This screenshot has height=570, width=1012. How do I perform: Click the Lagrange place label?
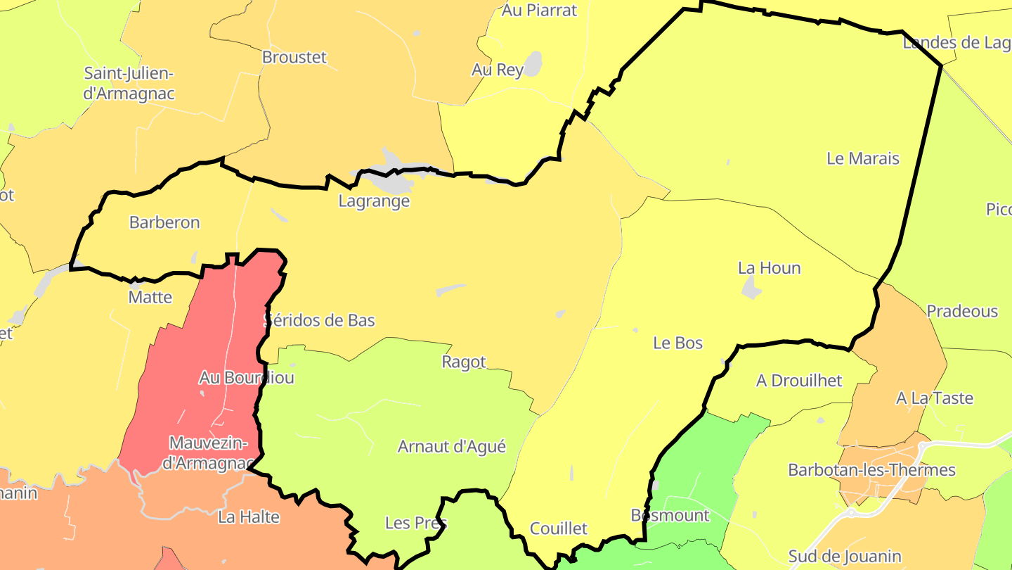click(374, 201)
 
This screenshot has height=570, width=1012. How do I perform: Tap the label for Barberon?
click(164, 222)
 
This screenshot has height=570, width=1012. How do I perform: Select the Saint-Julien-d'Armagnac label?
click(129, 83)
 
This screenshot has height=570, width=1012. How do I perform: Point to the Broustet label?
click(294, 57)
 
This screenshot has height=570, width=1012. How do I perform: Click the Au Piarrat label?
click(539, 10)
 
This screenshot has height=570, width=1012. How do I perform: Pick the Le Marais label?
click(863, 158)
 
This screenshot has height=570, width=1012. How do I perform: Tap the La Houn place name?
click(769, 268)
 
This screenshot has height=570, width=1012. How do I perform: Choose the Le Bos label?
click(677, 343)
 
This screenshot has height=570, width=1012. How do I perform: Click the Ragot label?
click(464, 362)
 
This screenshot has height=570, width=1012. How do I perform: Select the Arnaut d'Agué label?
click(452, 446)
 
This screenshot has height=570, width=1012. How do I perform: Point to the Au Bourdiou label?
click(246, 377)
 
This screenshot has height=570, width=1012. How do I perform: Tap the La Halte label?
click(249, 517)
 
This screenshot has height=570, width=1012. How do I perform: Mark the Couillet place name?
click(558, 528)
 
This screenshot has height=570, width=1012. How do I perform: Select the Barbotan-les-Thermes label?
click(871, 469)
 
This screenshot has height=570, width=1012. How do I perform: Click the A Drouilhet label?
click(799, 381)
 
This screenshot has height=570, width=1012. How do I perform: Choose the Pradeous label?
click(962, 311)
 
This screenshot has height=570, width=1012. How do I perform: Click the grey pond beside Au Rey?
click(534, 63)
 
